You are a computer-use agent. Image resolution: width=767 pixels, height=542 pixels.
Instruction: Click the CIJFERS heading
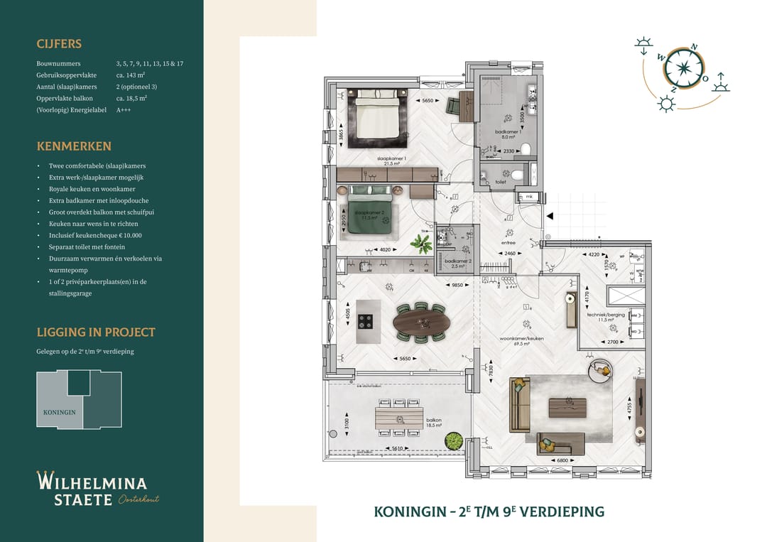click(x=59, y=44)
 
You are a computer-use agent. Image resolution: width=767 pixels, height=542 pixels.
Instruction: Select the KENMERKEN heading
click(x=74, y=146)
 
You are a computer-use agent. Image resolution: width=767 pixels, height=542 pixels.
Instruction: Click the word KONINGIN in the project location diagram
click(x=59, y=412)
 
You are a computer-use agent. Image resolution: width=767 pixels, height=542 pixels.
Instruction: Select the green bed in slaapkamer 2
click(x=366, y=215)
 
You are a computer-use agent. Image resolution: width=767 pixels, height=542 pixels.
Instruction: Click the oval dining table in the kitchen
click(x=421, y=324)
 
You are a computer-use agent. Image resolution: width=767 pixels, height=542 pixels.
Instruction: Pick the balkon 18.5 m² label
click(x=434, y=423)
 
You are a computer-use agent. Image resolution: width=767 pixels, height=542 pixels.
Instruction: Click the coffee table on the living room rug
click(x=567, y=408)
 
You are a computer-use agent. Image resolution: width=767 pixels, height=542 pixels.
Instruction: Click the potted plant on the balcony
click(x=452, y=440)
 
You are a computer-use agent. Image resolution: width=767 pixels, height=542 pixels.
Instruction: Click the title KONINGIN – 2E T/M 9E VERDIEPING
click(x=489, y=511)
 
